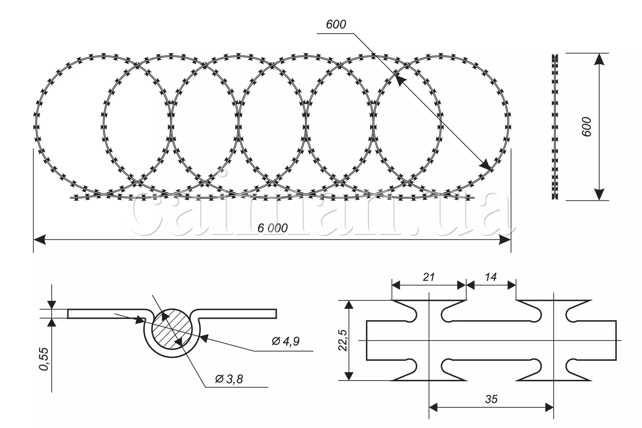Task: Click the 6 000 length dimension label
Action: coord(272,228)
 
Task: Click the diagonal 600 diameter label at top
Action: coord(336,24)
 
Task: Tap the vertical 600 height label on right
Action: coord(586,126)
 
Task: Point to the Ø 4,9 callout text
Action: coord(285,341)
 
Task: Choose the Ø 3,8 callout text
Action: coord(229,379)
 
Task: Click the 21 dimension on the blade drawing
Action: coord(429,277)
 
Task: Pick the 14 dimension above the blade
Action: coord(491,277)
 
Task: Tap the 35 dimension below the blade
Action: coord(491,399)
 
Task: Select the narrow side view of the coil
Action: coord(555,127)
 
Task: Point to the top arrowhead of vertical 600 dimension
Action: coord(599,59)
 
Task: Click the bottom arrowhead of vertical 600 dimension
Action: coord(599,194)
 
